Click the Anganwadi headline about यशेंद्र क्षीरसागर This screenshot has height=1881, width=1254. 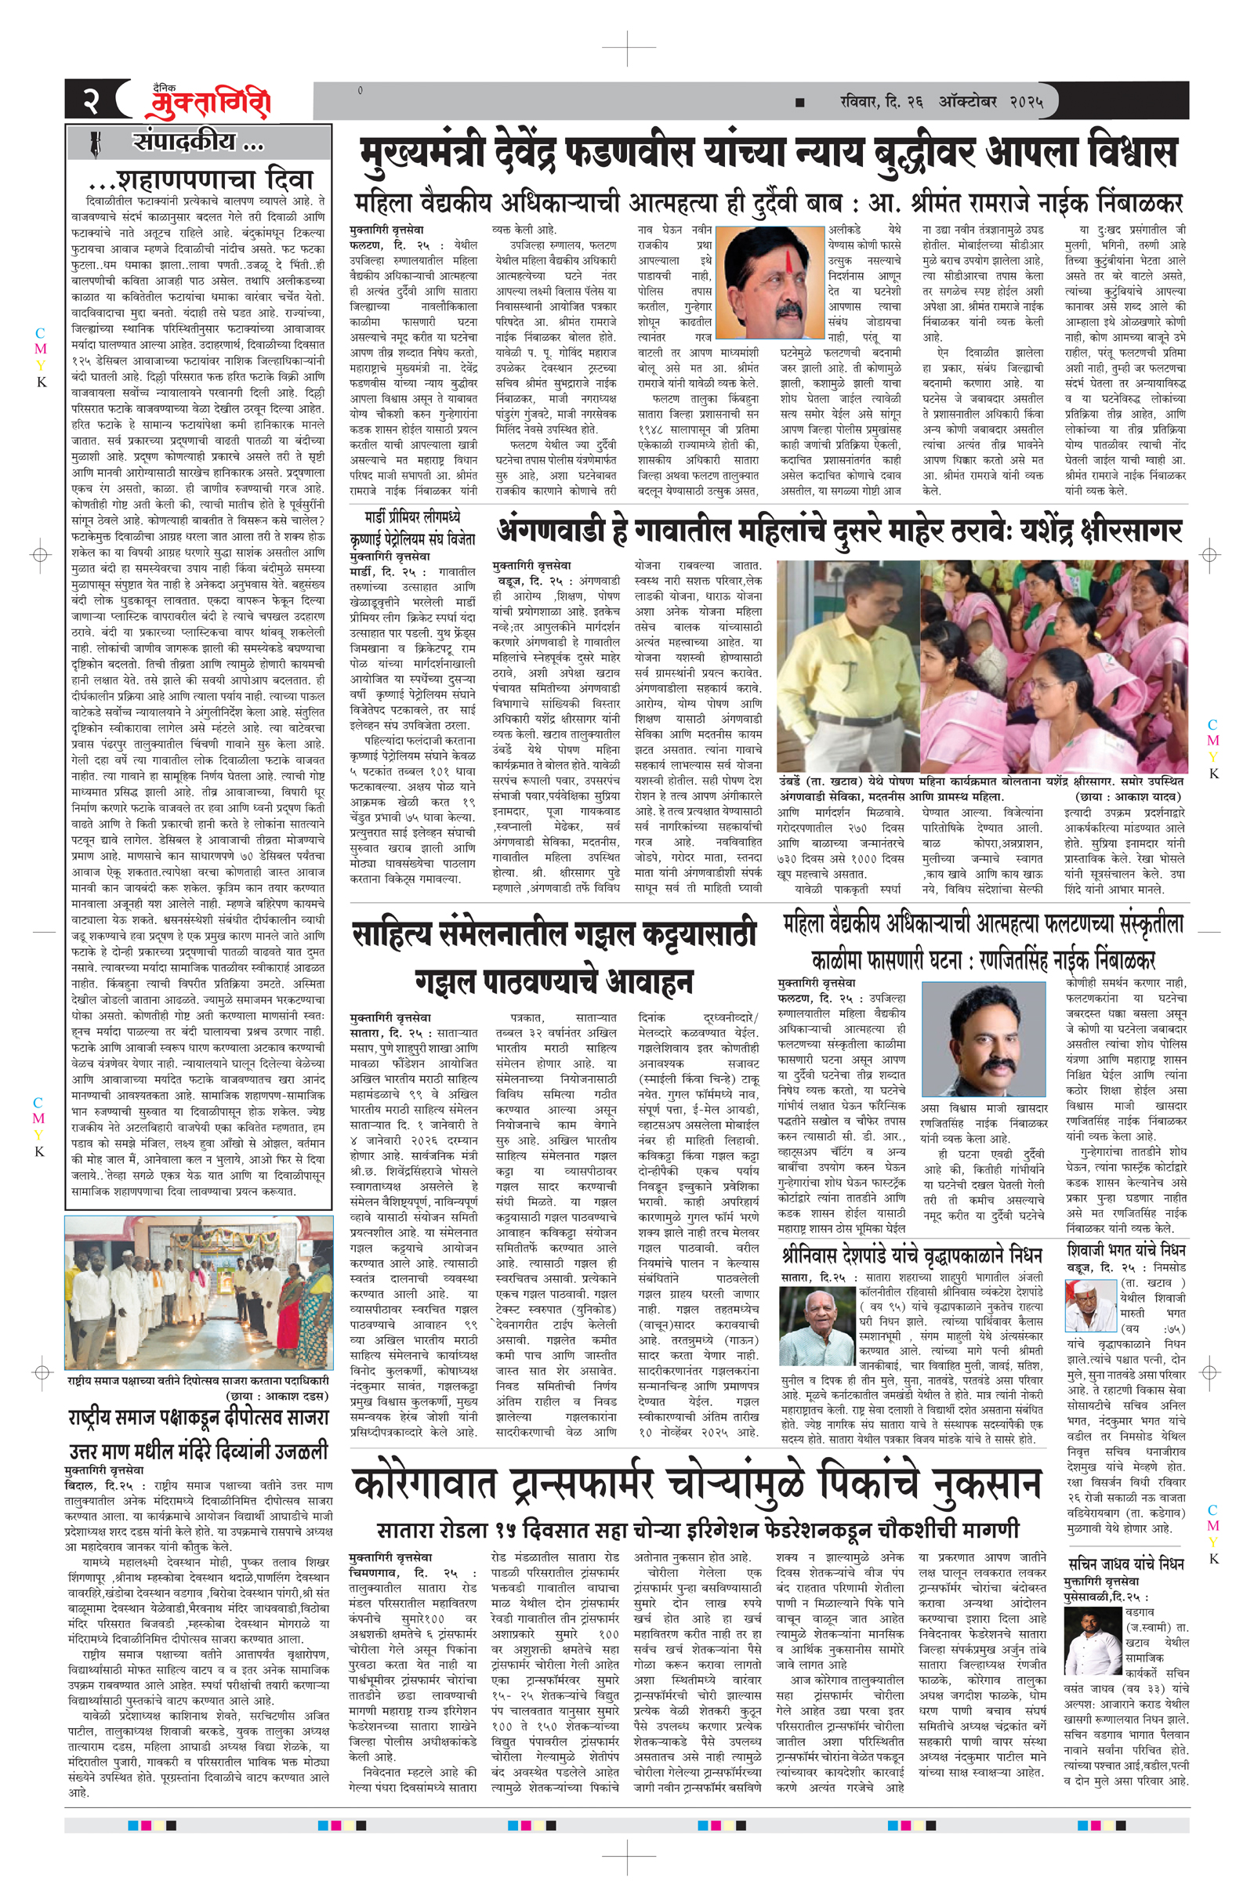click(839, 531)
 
